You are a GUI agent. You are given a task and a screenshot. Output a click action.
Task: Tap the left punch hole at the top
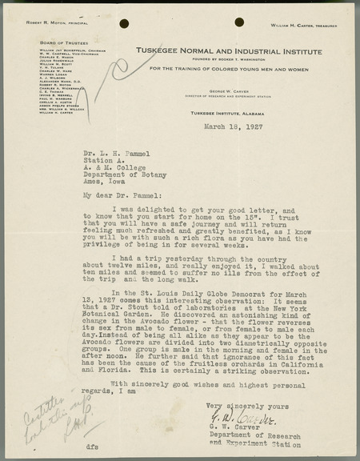[x=124, y=23]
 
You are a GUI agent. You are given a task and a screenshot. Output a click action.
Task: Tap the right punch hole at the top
[x=239, y=22]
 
